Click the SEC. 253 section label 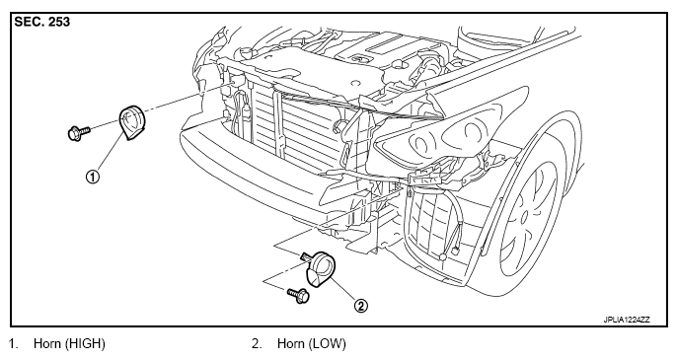tap(41, 22)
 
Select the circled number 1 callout tap(93, 177)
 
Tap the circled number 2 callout tap(361, 306)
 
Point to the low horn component tap(322, 269)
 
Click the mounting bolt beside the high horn tap(79, 132)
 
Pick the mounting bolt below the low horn tap(298, 295)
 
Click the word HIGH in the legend tap(86, 344)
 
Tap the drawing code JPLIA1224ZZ tap(627, 320)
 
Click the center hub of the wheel tap(524, 215)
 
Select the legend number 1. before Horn tap(13, 344)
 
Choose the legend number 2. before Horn tap(257, 344)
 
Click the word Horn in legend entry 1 tap(47, 344)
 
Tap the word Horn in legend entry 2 tap(291, 344)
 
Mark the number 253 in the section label tap(59, 22)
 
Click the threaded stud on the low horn tap(308, 257)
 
